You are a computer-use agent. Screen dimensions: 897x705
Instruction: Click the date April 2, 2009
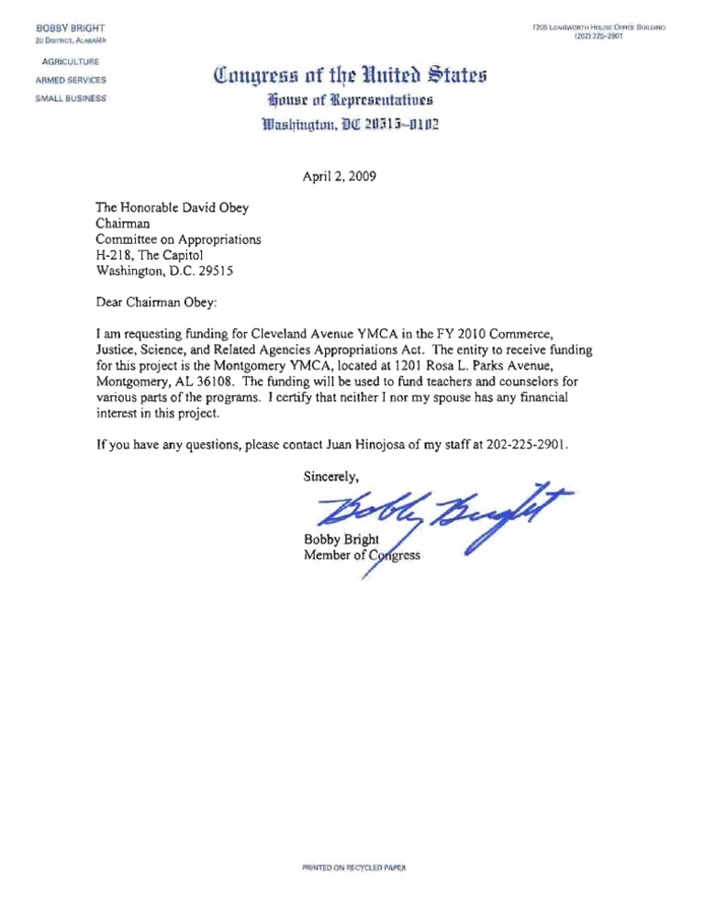338,177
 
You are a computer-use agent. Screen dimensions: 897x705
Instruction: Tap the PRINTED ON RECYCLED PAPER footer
352,867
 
